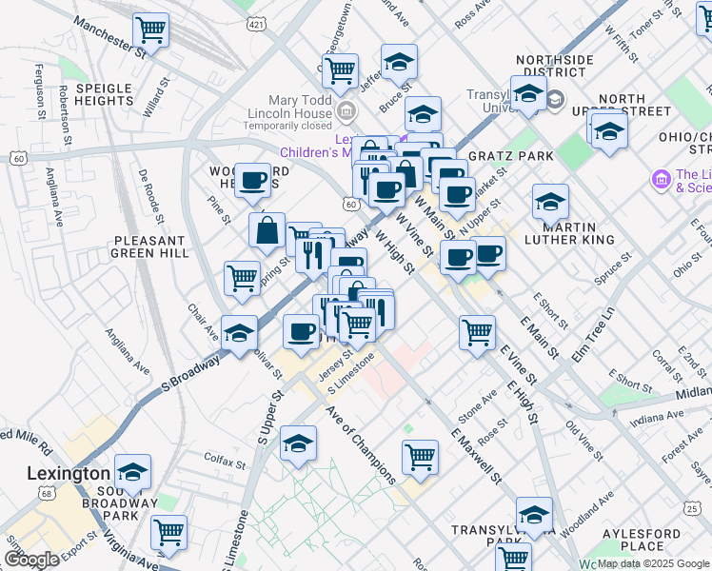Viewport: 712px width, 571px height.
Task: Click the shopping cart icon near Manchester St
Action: pyautogui.click(x=151, y=30)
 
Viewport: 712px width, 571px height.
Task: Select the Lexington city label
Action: pyautogui.click(x=68, y=474)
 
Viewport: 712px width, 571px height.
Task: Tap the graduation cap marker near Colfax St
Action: pyautogui.click(x=299, y=444)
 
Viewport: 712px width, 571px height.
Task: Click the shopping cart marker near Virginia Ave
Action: pyautogui.click(x=169, y=533)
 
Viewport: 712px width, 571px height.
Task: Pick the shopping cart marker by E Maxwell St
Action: pyautogui.click(x=420, y=458)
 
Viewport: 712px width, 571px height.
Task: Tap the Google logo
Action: pyautogui.click(x=31, y=560)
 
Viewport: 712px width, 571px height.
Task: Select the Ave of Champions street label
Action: pyautogui.click(x=361, y=443)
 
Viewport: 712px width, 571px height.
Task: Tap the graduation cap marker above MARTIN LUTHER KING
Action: pyautogui.click(x=550, y=203)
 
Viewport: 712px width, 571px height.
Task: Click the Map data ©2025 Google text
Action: pyautogui.click(x=653, y=563)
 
